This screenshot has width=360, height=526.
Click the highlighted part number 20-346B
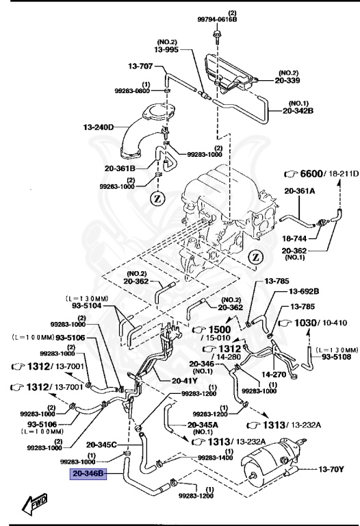pos(87,473)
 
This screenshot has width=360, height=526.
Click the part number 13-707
pos(138,66)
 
